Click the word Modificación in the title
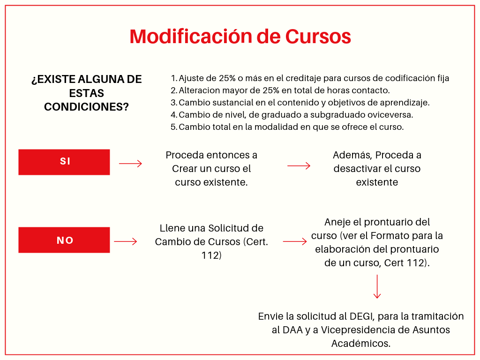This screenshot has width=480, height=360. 191,37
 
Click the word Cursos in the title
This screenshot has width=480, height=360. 318,37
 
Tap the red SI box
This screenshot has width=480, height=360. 64,162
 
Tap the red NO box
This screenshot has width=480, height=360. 64,240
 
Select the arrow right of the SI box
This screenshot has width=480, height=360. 130,164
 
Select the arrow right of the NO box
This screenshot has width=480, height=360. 126,241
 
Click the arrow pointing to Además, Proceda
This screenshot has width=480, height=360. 299,165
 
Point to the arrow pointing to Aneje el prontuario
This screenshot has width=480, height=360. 295,241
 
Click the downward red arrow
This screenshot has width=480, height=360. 377,286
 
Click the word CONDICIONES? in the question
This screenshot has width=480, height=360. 86,107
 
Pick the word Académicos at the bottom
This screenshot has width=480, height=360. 361,343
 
